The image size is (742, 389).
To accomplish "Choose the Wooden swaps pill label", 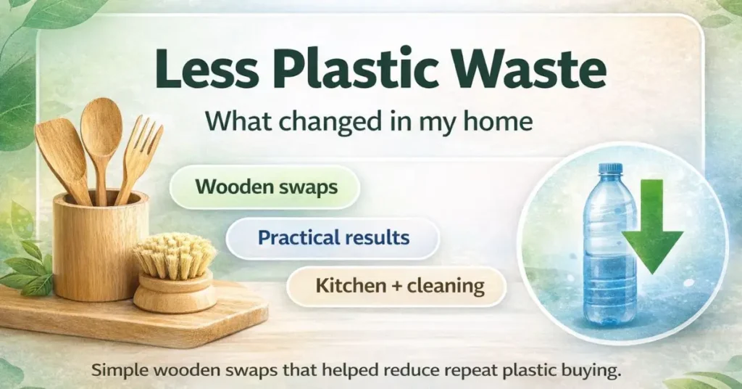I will [x=266, y=187].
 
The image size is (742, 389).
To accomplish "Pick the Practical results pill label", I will [x=334, y=237].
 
